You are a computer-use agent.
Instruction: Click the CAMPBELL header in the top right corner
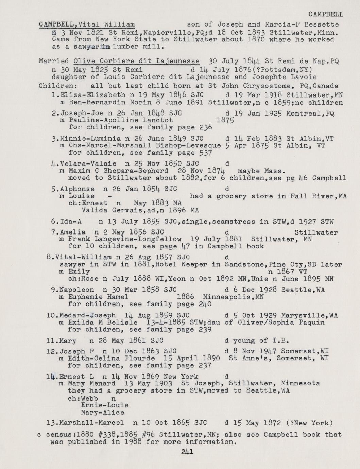pyautogui.click(x=326, y=14)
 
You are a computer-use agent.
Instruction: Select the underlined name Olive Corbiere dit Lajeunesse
pyautogui.click(x=136, y=61)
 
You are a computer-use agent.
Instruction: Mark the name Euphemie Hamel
pyautogui.click(x=98, y=297)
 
